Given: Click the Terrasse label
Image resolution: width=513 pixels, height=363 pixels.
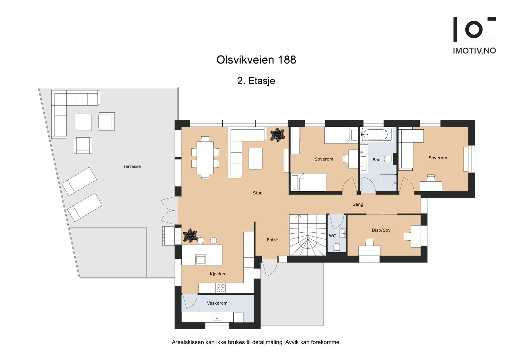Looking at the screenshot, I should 132,166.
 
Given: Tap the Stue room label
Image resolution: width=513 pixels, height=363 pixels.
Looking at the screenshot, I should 257,193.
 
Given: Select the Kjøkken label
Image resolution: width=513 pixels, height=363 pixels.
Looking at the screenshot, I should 218,274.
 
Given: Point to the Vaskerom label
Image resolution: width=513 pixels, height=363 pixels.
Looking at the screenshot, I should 217,303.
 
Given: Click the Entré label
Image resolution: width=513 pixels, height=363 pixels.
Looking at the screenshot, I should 272,240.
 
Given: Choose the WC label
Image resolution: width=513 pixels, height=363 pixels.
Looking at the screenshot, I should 332,236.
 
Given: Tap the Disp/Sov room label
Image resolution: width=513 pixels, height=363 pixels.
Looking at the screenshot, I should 381,230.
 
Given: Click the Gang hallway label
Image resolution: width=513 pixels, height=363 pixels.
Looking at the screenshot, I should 357,204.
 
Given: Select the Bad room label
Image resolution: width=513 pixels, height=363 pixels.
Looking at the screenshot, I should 376,160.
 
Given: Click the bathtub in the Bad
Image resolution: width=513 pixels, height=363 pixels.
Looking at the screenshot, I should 376,134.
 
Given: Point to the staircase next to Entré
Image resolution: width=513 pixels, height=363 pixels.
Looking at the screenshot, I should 307,235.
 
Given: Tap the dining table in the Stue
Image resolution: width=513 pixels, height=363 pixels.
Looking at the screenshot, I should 205,158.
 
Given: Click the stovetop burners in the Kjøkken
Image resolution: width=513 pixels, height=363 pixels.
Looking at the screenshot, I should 221,288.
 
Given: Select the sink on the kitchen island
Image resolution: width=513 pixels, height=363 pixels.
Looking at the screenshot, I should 200,259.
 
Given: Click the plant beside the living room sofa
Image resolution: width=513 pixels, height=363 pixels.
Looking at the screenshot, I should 277,134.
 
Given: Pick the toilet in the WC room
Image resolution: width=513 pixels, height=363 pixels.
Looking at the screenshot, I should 337,247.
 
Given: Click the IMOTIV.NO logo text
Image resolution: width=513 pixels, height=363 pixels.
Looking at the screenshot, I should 474,50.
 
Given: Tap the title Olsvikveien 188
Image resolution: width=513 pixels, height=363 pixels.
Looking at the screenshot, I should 256,60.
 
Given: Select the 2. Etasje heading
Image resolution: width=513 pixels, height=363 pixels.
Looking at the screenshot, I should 256,81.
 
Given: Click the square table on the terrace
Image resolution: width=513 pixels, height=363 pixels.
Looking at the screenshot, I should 83,122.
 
